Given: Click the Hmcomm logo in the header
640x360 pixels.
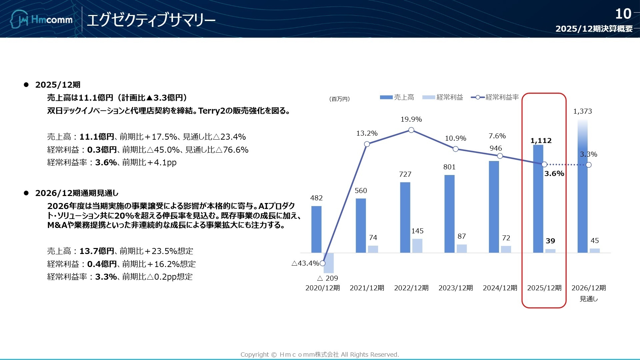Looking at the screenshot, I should coord(41,19).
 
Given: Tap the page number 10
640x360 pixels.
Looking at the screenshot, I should coord(623,14).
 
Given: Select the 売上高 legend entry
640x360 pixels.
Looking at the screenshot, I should coord(397,97).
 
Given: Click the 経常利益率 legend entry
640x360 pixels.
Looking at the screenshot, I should coord(495,97).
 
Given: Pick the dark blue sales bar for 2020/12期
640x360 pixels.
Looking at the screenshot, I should coord(316,229).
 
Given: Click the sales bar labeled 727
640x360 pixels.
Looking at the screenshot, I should coord(405,217).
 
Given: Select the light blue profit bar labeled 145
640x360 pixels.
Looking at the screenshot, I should coord(417,246).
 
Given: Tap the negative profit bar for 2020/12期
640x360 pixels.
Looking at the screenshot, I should coord(328,263).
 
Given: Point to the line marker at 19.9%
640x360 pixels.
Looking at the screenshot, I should coord(411,130).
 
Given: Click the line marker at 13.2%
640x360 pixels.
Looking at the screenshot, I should coord(367,144).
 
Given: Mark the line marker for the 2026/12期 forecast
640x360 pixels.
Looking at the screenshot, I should coord(589,165).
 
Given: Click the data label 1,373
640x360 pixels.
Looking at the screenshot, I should coord(582,111).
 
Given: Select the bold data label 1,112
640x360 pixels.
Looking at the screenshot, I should coord(541,141).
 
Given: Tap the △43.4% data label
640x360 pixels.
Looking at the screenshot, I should coord(305,263).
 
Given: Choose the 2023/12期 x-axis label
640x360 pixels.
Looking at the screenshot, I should coord(455,288).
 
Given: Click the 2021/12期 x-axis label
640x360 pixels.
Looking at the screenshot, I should coord(367,288).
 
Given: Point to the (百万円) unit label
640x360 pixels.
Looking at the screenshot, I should coord(339,99).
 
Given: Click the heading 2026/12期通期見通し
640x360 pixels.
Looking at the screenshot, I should coord(77,193).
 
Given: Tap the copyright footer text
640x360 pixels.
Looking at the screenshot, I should coord(320,355).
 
